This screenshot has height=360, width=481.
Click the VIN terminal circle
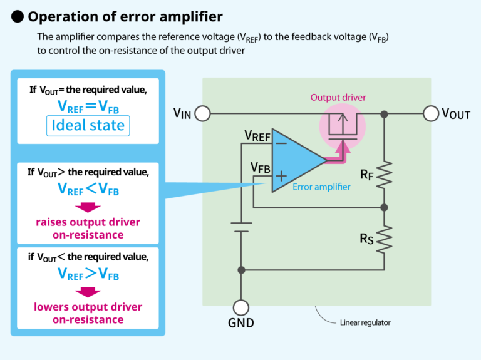click(x=202, y=113)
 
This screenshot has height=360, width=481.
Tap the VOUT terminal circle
click(x=430, y=113)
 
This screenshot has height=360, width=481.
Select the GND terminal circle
click(x=240, y=307)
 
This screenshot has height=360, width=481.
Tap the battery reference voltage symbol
click(x=240, y=227)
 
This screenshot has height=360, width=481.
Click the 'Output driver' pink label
click(x=338, y=97)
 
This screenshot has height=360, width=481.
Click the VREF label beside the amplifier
click(x=257, y=136)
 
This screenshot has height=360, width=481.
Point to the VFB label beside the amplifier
click(x=261, y=167)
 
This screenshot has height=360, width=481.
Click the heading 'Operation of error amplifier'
click(x=125, y=16)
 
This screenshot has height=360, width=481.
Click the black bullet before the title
click(x=17, y=16)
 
